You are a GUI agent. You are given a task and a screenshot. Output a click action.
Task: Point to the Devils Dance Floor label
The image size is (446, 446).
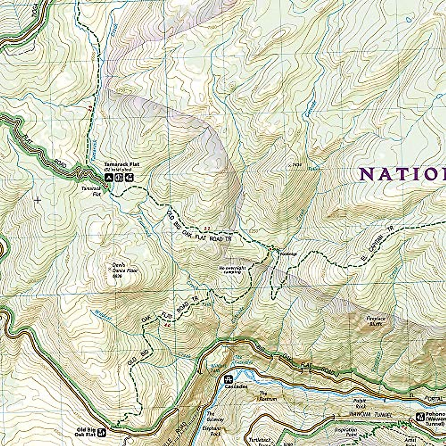(119, 271)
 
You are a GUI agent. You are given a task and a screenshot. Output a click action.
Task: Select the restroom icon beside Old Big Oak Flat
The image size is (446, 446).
(102, 432)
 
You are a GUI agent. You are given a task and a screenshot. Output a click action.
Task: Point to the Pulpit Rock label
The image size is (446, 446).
(360, 403)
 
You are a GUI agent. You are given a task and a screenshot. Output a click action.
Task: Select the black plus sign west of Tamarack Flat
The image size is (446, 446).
(37, 200)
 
